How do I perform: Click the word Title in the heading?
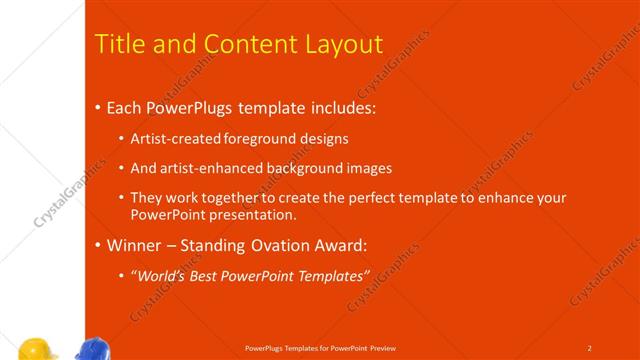coord(119,44)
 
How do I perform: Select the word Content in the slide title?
coord(244,44)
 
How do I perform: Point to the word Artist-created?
coord(173,139)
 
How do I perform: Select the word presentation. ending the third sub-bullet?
coord(254,215)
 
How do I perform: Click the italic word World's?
coord(159,275)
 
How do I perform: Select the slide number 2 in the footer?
coord(590,348)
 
